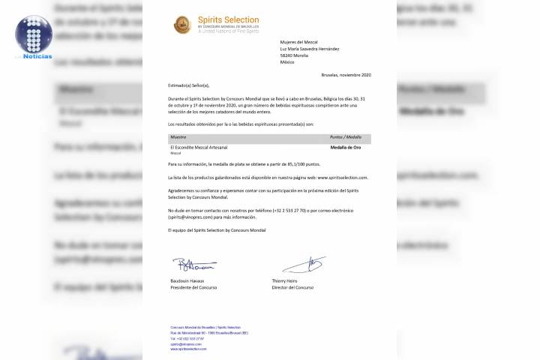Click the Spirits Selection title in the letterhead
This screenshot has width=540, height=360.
[228, 20]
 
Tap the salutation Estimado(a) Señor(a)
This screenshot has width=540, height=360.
[189, 87]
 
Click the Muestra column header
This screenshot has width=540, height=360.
[179, 138]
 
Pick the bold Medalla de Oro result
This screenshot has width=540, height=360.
[346, 148]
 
